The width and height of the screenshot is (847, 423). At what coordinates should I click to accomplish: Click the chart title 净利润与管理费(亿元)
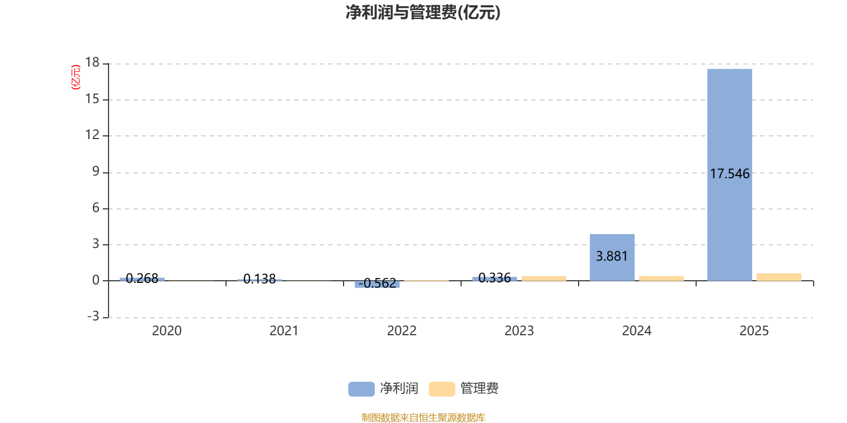[423, 13]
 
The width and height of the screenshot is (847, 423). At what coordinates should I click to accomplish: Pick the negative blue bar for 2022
[377, 284]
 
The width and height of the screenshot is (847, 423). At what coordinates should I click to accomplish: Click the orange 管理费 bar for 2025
[779, 277]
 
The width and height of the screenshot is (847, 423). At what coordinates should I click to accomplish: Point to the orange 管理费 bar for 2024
[661, 278]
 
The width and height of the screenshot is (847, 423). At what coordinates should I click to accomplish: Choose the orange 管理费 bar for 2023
[544, 278]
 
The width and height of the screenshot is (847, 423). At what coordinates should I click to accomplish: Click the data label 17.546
[729, 174]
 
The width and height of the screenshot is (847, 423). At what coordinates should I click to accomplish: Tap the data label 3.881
[612, 256]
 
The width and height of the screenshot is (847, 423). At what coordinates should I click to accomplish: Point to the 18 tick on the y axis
[93, 62]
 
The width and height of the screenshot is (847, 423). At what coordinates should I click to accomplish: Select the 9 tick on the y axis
[95, 171]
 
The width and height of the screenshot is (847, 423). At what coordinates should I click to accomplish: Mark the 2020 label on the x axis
[167, 331]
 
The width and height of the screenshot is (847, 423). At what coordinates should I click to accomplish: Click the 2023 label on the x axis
[519, 331]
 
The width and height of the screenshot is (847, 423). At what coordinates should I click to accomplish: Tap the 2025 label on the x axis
[754, 331]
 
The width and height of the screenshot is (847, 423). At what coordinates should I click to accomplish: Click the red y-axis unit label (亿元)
[76, 77]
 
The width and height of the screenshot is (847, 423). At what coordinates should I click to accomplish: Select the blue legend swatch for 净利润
[361, 389]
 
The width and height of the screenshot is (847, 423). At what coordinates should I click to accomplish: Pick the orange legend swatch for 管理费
[441, 389]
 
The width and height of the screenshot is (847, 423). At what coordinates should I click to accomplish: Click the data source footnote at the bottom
[423, 418]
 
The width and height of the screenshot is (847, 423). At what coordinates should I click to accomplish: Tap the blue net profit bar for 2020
[142, 279]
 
